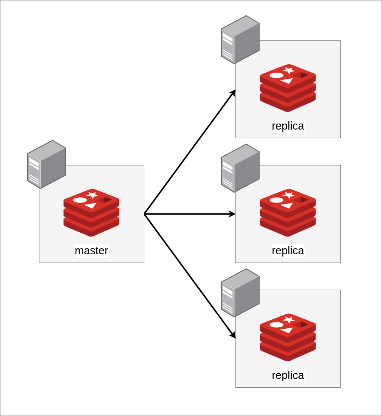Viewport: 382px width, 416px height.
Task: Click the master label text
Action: point(91,251)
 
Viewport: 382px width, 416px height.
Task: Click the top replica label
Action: point(288,126)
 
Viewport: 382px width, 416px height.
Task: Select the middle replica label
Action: point(288,251)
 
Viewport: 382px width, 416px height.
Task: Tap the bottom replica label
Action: point(288,375)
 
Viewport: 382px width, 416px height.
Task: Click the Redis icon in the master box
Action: point(91,213)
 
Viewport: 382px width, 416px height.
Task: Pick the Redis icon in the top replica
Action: point(288,88)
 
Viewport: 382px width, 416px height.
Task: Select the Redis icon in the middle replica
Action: point(288,213)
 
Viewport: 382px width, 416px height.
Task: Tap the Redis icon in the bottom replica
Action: point(288,337)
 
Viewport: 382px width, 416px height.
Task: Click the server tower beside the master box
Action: point(46,164)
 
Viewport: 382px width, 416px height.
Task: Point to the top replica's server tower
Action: point(240,40)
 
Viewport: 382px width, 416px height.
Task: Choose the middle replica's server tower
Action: point(240,168)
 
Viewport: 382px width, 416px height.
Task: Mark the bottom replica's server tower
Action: point(240,293)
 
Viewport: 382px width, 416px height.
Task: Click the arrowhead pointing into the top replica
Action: point(234,93)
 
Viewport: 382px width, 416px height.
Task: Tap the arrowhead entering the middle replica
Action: point(232,214)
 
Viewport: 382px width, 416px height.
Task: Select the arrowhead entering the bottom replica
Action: point(233,335)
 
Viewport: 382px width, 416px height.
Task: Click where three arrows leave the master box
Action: point(145,214)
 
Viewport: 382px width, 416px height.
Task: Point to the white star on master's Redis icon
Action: point(92,195)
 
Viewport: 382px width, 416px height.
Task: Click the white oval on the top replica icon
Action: point(276,75)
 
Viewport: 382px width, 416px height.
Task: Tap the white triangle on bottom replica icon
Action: point(287,330)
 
